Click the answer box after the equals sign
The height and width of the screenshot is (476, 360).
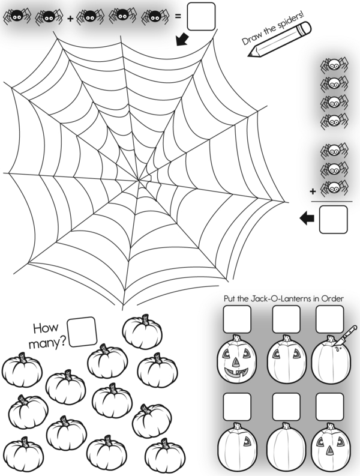(201, 16)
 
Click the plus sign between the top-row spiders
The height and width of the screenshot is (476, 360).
(70, 19)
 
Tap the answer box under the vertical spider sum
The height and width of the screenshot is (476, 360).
(334, 219)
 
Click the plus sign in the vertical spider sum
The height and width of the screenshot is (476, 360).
(313, 192)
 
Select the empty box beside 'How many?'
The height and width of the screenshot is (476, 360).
(82, 331)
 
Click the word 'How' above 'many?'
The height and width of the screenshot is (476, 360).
(45, 328)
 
